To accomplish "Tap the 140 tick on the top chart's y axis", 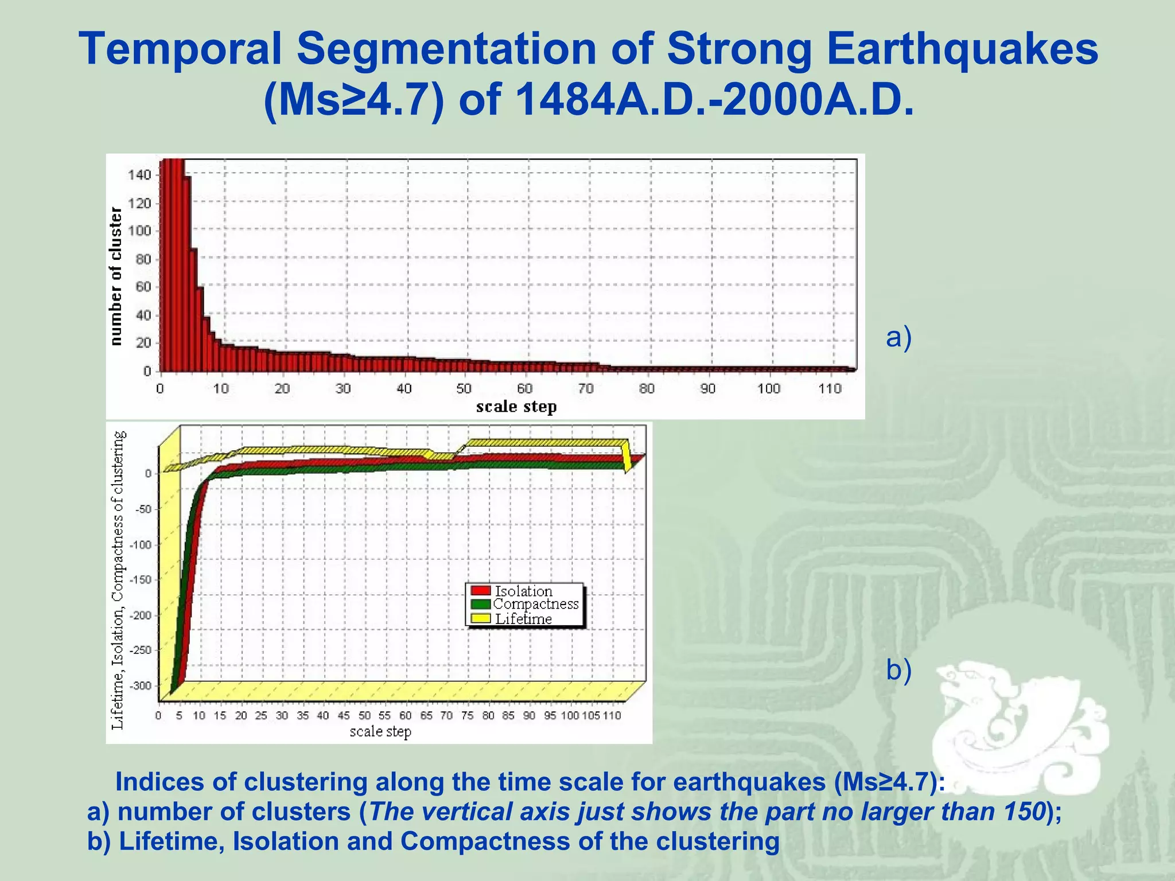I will (x=139, y=175).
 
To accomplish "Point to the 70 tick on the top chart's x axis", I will (x=585, y=389).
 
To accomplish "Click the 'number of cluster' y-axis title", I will (x=116, y=276).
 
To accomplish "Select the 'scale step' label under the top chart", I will (x=516, y=407).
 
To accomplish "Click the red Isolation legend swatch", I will (x=480, y=591).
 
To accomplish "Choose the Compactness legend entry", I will (x=535, y=604).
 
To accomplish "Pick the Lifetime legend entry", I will (x=523, y=619).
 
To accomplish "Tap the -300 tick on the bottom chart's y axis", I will (x=141, y=686).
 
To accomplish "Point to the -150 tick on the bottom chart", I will (x=141, y=580).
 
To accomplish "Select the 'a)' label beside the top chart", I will (x=898, y=337).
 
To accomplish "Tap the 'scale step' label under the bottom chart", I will (x=380, y=732).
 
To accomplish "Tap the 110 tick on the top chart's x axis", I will (x=829, y=389).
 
